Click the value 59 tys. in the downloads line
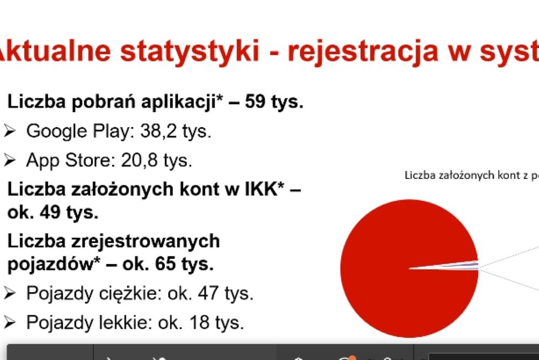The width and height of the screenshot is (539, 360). pyautogui.click(x=274, y=102)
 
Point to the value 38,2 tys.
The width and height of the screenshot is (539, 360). pyautogui.click(x=176, y=131)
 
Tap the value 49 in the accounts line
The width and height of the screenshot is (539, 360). pyautogui.click(x=50, y=212)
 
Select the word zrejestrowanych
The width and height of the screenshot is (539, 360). pyautogui.click(x=146, y=241)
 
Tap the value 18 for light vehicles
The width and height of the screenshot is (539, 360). pyautogui.click(x=199, y=322)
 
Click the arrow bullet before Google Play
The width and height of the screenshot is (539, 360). pyautogui.click(x=10, y=131)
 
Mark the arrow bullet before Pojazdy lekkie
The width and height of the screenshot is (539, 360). pyautogui.click(x=10, y=322)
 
